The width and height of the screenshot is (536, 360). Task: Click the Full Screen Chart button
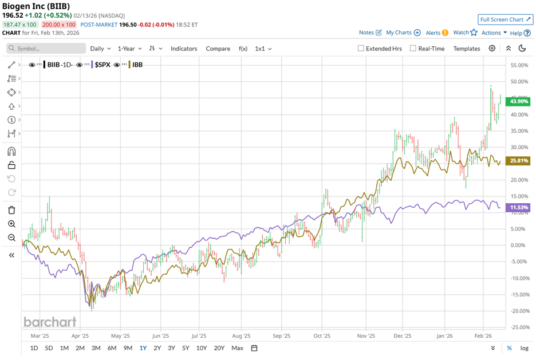point(506,19)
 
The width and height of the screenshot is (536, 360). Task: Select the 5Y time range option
point(186,348)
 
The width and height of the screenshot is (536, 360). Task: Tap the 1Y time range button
point(143,348)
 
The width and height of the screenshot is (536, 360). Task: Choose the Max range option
point(237,348)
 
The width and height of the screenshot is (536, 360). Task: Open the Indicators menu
point(184,49)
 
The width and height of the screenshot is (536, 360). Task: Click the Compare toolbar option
point(218,49)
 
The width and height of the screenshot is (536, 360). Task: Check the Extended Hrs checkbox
point(361,49)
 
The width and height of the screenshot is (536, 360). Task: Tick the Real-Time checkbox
point(413,49)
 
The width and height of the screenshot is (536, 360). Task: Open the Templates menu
point(467,49)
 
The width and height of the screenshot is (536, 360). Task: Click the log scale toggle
point(524,348)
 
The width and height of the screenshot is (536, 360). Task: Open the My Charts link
point(399,33)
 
